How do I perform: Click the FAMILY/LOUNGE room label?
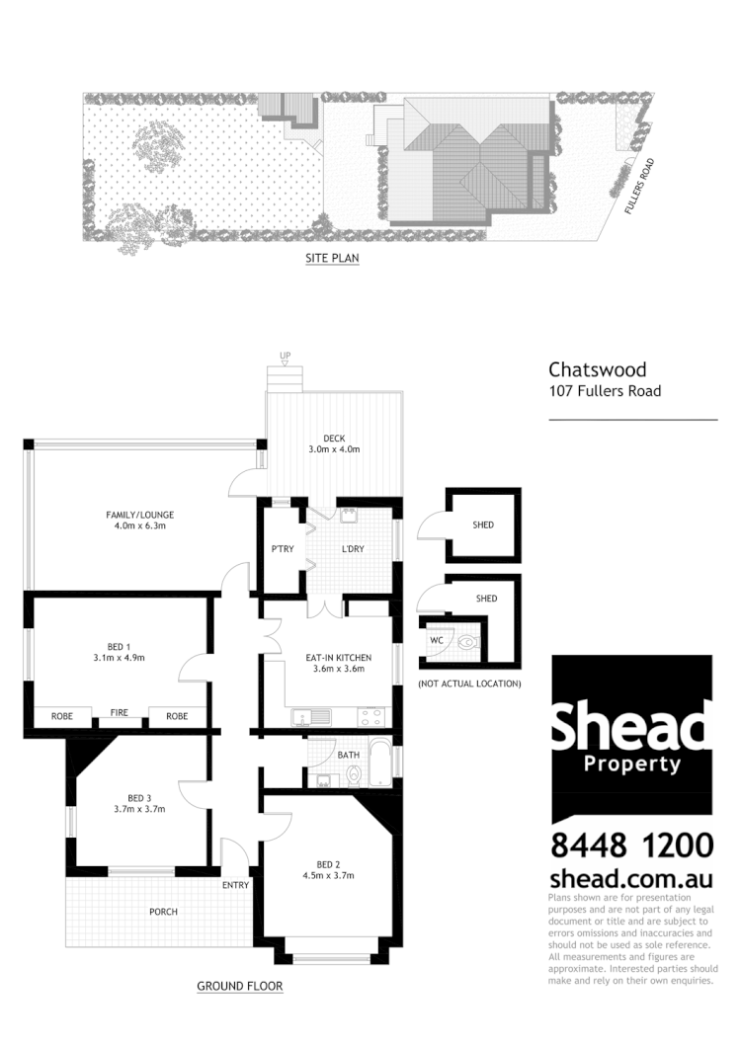140,515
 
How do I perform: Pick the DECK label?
334,439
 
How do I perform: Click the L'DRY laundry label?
354,549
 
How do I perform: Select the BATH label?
349,755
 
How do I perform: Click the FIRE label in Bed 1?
120,711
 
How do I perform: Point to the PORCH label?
163,911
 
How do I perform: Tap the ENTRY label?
235,885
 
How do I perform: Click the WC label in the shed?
436,639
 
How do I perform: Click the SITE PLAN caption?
332,260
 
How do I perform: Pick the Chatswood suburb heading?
598,370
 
